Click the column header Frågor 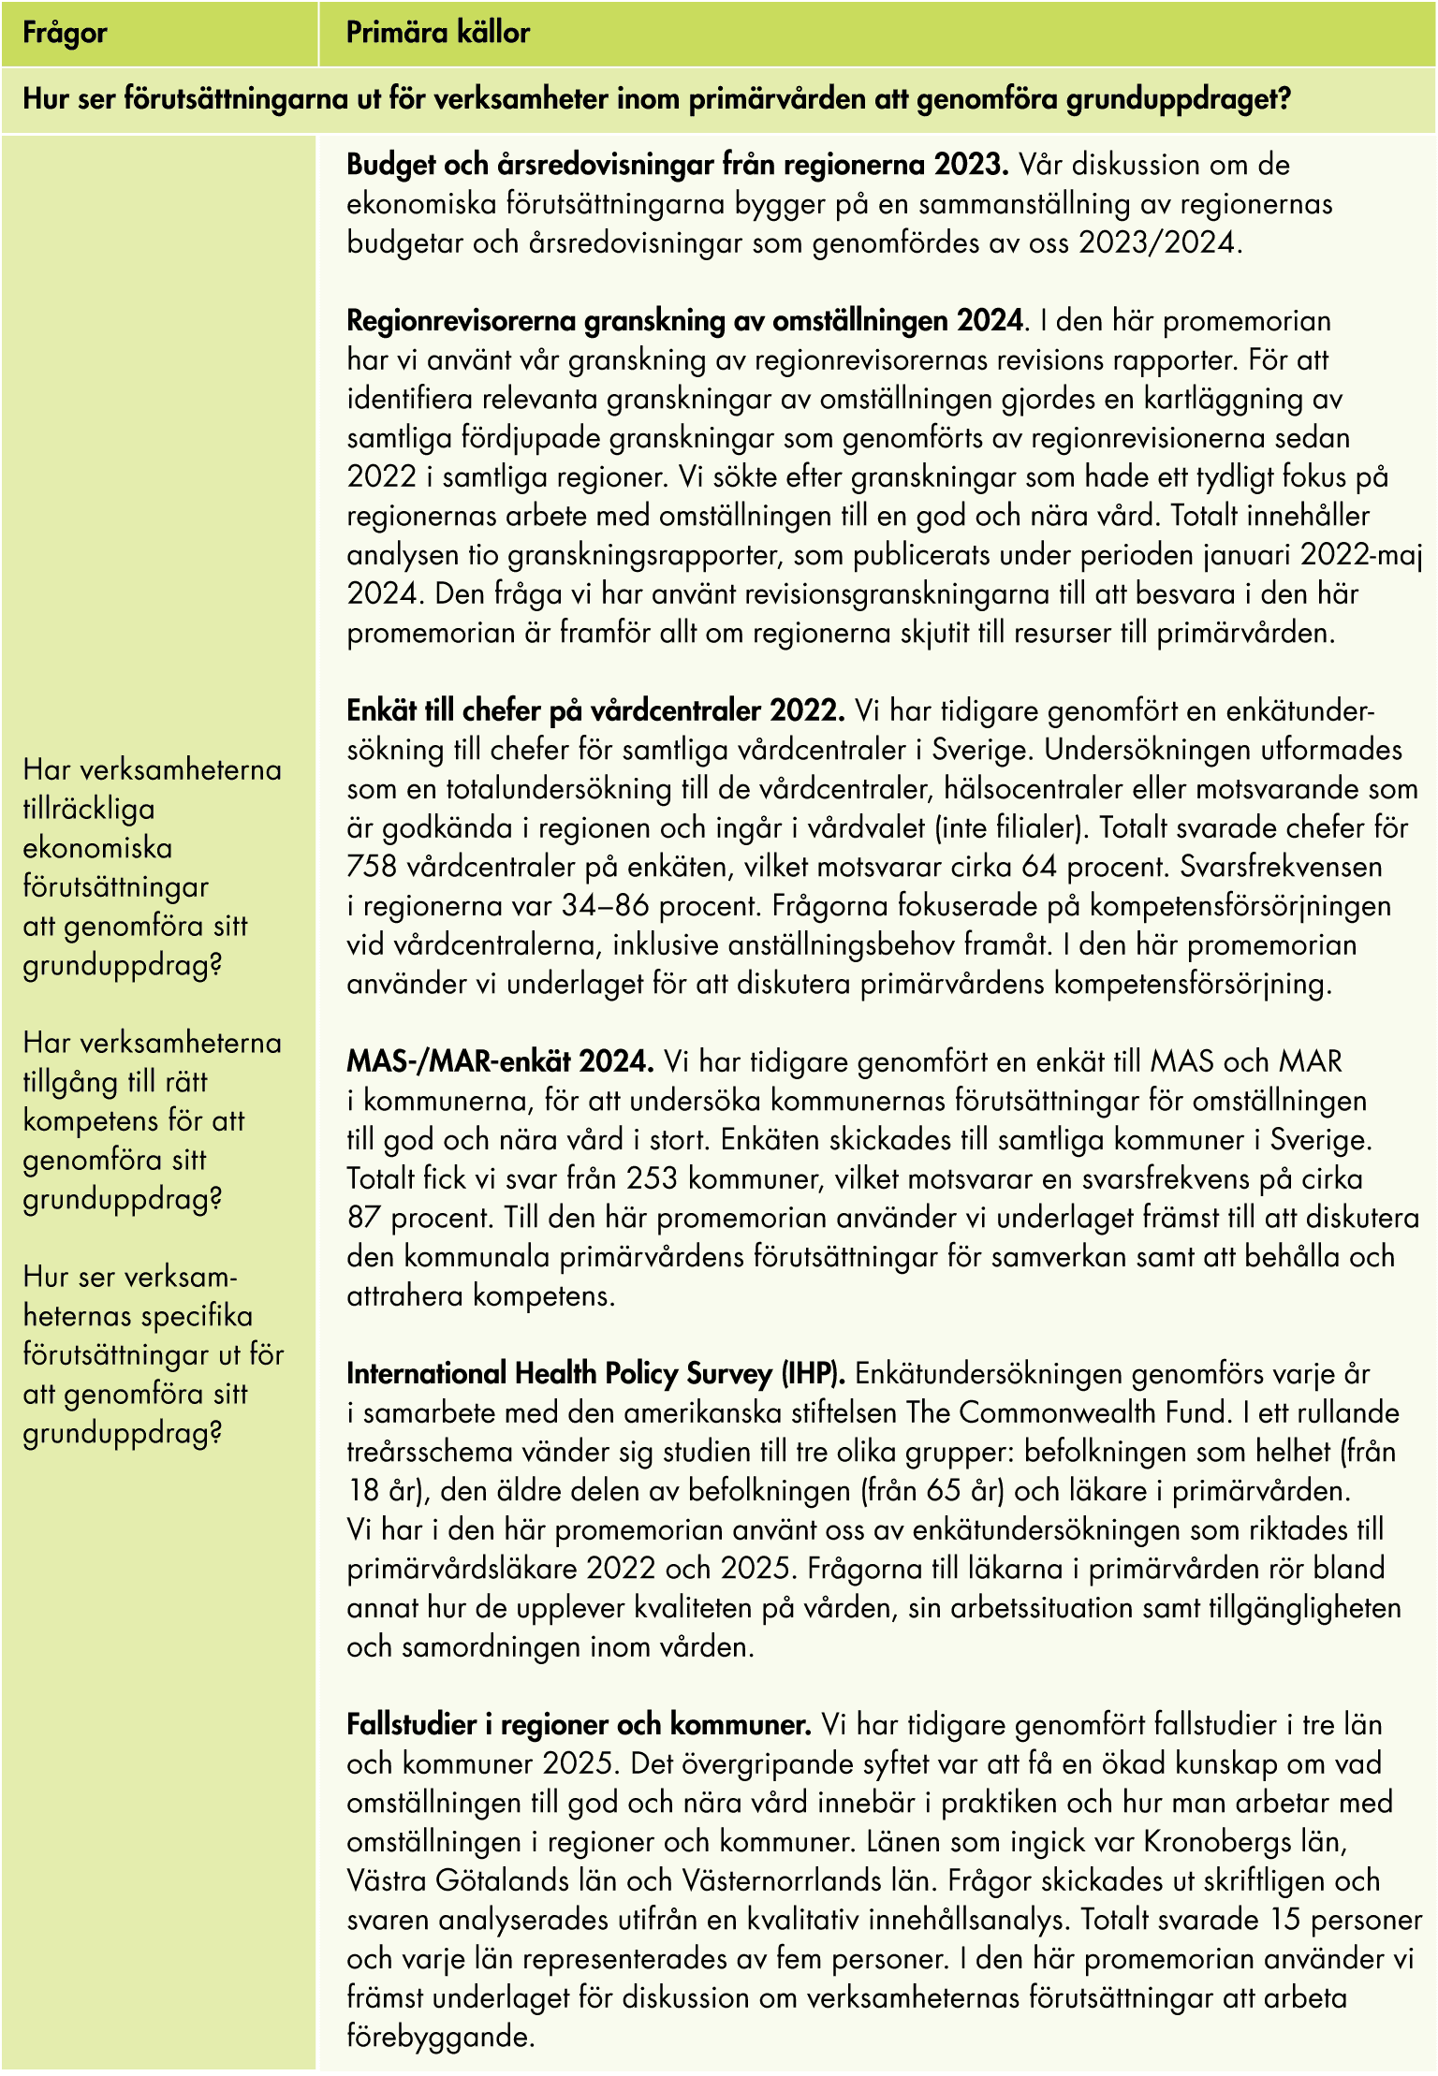point(65,34)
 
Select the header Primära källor point(438,34)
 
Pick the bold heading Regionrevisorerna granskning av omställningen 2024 point(684,321)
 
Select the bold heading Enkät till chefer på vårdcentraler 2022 point(595,710)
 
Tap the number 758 point(374,867)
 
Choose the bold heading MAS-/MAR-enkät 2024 point(500,1061)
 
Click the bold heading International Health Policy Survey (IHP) point(596,1374)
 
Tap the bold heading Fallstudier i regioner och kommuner point(579,1725)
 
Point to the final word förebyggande point(440,2038)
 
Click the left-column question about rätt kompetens point(152,1120)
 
